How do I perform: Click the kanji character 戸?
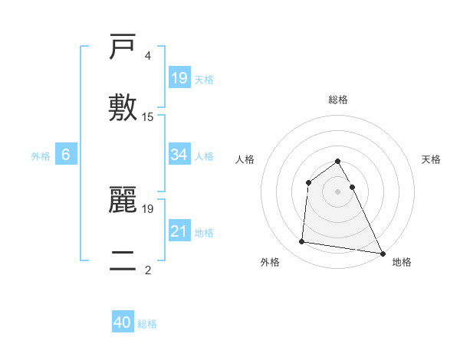point(123,47)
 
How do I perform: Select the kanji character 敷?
point(123,107)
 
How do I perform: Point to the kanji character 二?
point(123,260)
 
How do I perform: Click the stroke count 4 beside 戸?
point(148,56)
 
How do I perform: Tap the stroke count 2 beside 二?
point(148,270)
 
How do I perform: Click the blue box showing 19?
point(179,77)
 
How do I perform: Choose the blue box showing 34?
point(179,155)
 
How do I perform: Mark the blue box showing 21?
point(179,231)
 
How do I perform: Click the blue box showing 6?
point(66,155)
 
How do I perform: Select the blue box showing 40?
point(123,322)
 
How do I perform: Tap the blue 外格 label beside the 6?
point(41,156)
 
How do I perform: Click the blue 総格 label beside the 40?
point(147,324)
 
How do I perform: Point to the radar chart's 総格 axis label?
point(338,100)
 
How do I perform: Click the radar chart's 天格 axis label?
point(432,159)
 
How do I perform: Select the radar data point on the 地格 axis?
point(382,253)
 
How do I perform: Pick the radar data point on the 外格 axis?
point(302,242)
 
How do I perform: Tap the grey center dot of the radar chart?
point(338,191)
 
